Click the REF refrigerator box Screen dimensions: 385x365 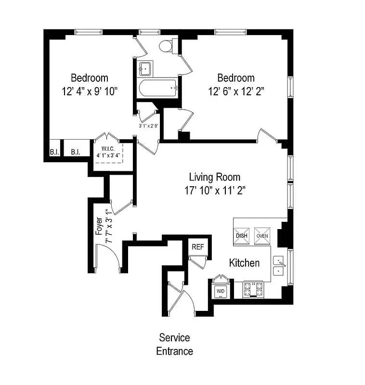tap(198, 246)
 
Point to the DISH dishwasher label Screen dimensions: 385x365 tap(242, 236)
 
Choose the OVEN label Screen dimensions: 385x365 tap(262, 236)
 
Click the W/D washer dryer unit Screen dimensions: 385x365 tap(220, 291)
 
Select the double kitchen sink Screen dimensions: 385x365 tap(279, 266)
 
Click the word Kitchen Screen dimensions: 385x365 tap(244, 263)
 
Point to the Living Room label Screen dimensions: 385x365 tap(214, 177)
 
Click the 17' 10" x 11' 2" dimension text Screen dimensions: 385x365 tap(215, 190)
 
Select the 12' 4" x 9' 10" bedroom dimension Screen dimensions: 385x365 tap(90, 91)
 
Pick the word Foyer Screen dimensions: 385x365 tap(99, 226)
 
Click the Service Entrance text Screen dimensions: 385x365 tap(174, 344)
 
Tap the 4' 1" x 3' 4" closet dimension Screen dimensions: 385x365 tap(108, 155)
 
